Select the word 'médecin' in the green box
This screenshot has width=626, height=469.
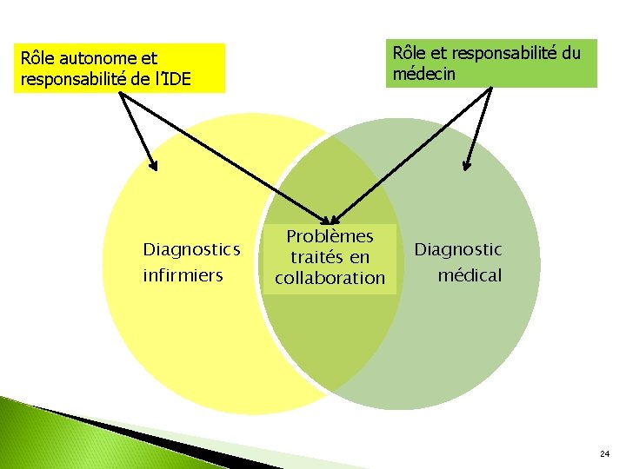pyautogui.click(x=423, y=74)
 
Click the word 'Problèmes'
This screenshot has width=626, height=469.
pyautogui.click(x=330, y=236)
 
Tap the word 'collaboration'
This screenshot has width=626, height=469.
pyautogui.click(x=330, y=278)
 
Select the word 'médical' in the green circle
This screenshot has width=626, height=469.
pyautogui.click(x=469, y=275)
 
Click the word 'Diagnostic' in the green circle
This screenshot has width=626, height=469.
pyautogui.click(x=458, y=250)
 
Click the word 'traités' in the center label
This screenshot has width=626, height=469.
pyautogui.click(x=317, y=257)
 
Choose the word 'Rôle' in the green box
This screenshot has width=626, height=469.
pyautogui.click(x=410, y=53)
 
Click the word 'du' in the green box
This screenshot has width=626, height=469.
pyautogui.click(x=570, y=53)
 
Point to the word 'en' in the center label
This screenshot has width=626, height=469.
pyautogui.click(x=360, y=257)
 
